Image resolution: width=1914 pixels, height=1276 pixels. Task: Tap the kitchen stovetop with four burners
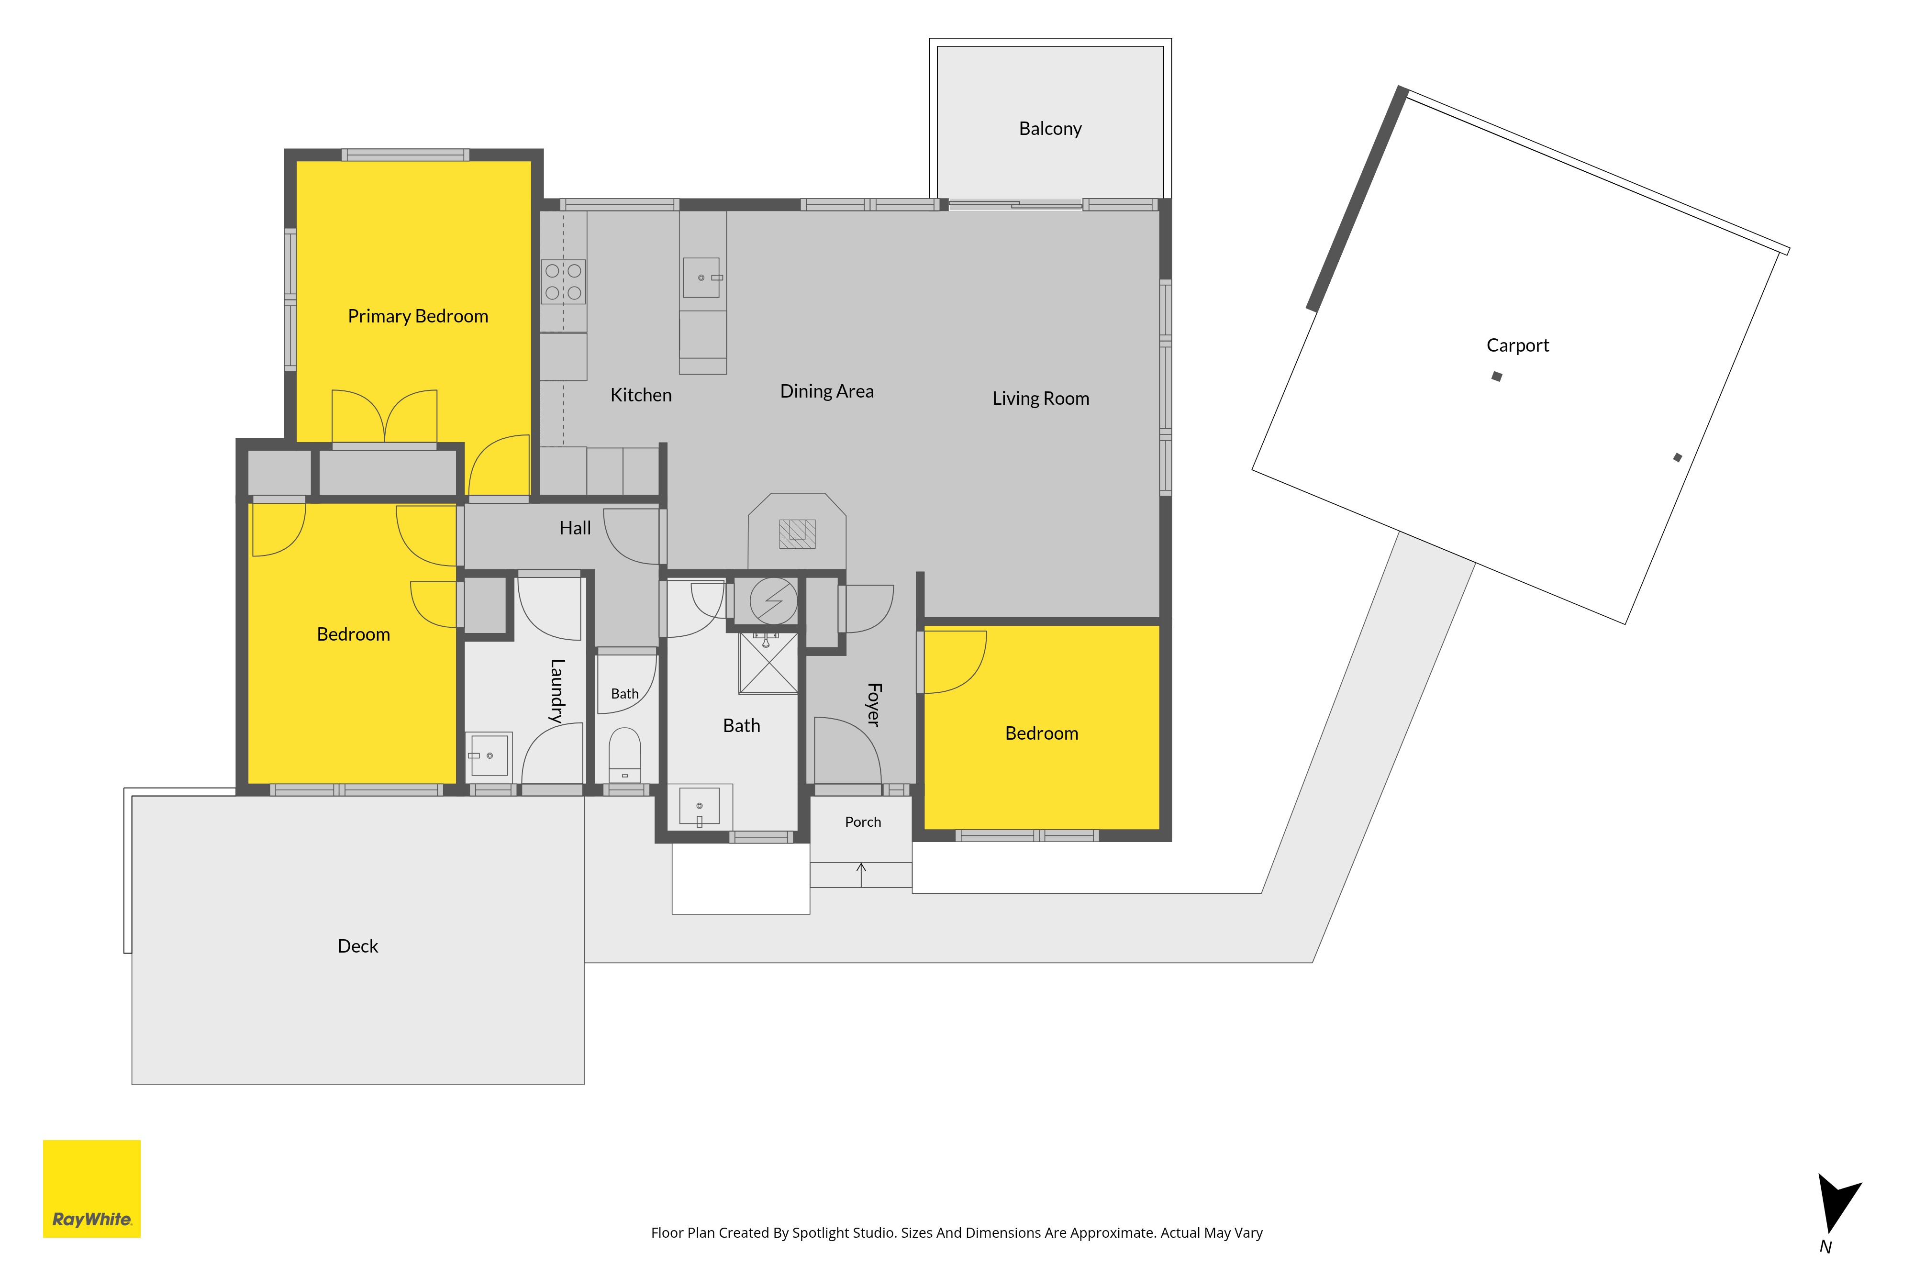tap(563, 282)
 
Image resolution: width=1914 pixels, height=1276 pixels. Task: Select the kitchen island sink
tap(701, 277)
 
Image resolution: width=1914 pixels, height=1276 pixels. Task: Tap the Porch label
tap(863, 822)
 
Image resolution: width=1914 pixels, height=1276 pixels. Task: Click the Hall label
tap(575, 528)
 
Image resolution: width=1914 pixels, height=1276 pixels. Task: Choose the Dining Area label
tap(827, 391)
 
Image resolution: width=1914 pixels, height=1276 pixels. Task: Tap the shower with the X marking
tap(768, 663)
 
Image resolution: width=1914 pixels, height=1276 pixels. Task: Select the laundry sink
tap(489, 755)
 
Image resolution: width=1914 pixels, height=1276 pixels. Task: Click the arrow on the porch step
tap(861, 875)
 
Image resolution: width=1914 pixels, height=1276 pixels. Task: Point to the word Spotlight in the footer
tap(823, 1233)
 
